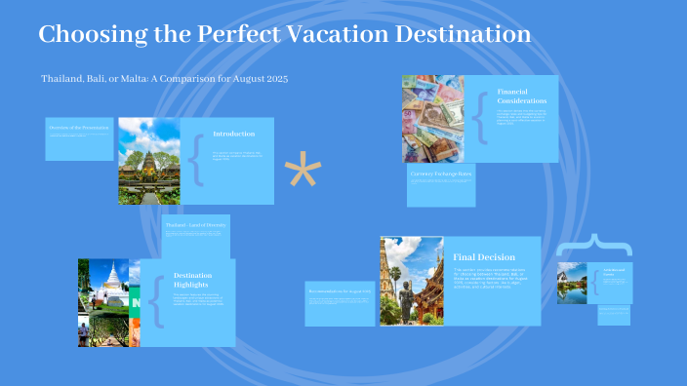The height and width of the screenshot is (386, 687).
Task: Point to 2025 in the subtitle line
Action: [275, 77]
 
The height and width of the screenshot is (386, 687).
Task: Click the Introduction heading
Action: [233, 134]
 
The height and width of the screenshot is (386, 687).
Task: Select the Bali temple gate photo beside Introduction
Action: [149, 161]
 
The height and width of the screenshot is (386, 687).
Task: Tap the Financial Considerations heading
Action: [521, 96]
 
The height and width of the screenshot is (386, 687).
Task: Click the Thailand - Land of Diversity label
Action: [195, 225]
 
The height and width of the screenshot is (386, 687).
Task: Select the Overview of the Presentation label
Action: [78, 128]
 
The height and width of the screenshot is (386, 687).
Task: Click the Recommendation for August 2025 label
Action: [339, 290]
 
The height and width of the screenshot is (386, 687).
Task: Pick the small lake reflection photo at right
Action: [572, 283]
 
